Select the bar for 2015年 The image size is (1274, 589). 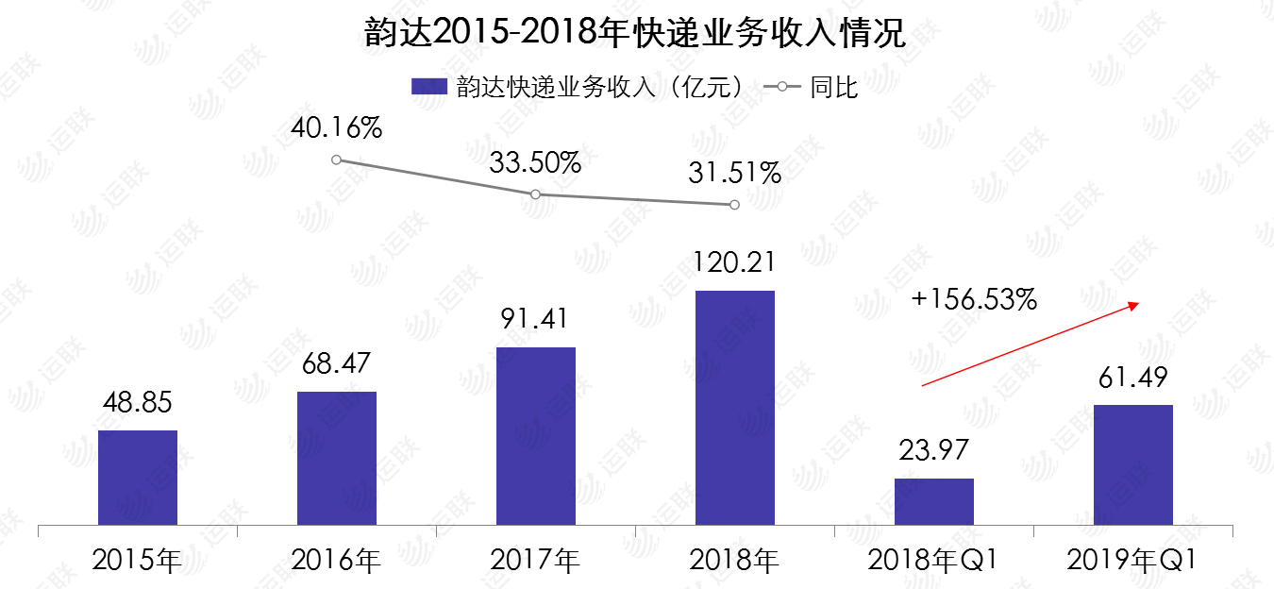click(x=138, y=478)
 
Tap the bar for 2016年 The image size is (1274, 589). click(x=337, y=458)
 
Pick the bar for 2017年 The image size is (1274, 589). click(x=536, y=436)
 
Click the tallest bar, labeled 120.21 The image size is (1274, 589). click(x=735, y=408)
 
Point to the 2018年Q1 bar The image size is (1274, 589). click(x=934, y=501)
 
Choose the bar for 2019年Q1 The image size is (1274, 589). click(x=1133, y=464)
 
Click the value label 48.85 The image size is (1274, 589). click(x=138, y=404)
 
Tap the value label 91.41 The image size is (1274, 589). click(x=535, y=318)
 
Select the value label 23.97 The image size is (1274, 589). click(x=934, y=450)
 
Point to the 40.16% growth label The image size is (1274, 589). click(x=337, y=127)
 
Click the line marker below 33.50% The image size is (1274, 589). click(x=535, y=194)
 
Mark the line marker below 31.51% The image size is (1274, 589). click(x=734, y=205)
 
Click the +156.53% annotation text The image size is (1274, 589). click(x=975, y=300)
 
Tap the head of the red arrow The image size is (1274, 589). click(x=1138, y=304)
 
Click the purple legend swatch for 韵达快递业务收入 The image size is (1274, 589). click(x=428, y=88)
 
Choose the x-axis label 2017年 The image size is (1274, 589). click(x=535, y=561)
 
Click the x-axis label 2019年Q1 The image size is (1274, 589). click(x=1132, y=561)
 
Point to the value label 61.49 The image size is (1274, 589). click(x=1133, y=379)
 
